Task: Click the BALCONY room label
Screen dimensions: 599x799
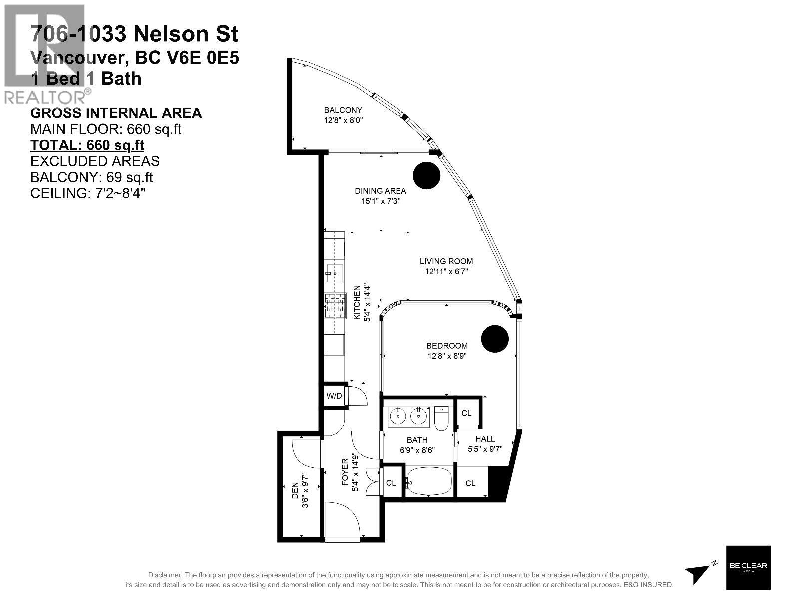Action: click(343, 110)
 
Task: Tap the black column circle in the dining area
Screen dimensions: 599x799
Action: click(427, 175)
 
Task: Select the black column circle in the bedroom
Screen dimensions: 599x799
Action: click(495, 339)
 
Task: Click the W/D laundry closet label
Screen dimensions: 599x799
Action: click(334, 396)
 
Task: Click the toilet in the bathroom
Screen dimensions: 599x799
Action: click(442, 418)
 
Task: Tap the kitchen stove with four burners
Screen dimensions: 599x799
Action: click(335, 305)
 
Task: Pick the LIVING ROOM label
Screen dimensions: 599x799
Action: click(446, 261)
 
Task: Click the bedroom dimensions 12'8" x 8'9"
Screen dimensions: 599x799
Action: click(447, 356)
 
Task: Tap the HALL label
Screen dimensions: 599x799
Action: click(485, 439)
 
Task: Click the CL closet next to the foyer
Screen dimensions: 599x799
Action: click(391, 483)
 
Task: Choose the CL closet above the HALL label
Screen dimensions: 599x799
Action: click(466, 413)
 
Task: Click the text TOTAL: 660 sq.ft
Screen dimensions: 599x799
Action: click(87, 145)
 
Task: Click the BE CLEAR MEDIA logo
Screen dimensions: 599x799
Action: click(748, 566)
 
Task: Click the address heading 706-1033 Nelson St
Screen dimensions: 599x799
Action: click(134, 34)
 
